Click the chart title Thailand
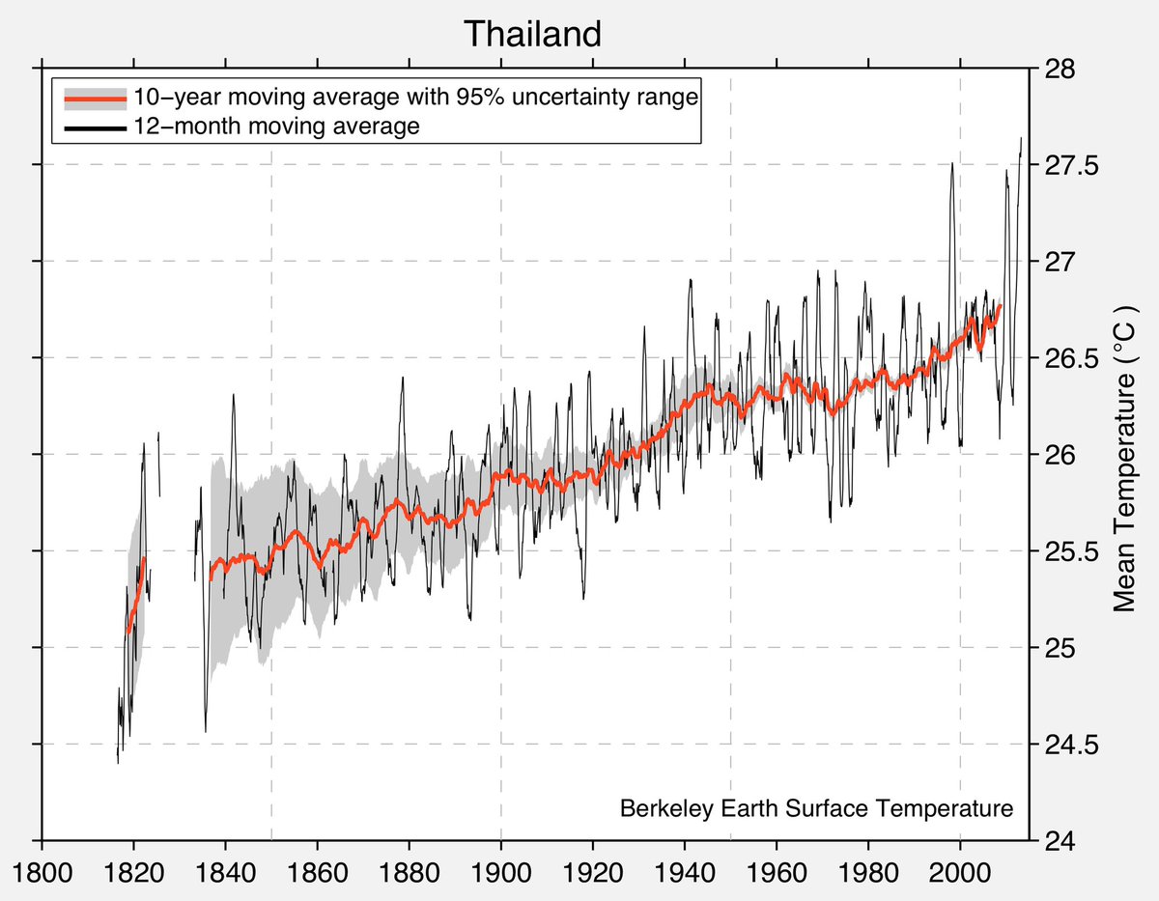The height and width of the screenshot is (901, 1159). [532, 34]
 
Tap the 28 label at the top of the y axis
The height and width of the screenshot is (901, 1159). [1055, 69]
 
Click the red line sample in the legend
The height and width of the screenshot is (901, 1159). [94, 98]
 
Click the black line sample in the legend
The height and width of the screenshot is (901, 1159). [94, 127]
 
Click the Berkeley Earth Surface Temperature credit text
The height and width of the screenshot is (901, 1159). [817, 808]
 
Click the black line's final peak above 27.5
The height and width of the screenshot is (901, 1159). [1021, 138]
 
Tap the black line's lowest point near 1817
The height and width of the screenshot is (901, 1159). [118, 762]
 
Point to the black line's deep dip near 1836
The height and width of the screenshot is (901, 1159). [206, 731]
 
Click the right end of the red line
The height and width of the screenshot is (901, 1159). [1001, 306]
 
